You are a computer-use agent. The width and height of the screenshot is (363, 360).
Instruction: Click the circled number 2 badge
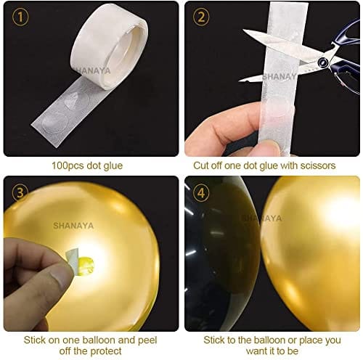[x=200, y=16]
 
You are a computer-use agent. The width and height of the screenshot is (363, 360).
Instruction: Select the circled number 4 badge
[x=200, y=192]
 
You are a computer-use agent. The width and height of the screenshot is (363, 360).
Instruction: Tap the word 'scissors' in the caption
[x=318, y=165]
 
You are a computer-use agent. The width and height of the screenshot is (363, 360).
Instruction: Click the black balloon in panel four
[x=218, y=254]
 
